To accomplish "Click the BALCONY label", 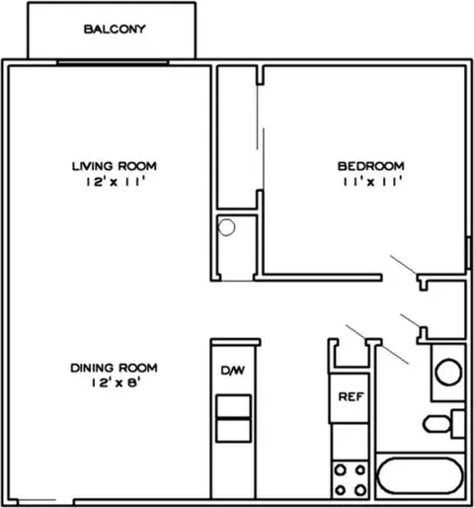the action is [x=115, y=29].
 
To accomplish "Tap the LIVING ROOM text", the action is [x=115, y=166].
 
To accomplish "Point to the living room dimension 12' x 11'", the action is [x=116, y=182].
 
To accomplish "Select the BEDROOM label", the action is [x=371, y=166].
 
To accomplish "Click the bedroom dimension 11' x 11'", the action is [x=373, y=182].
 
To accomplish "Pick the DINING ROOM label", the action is [x=114, y=368].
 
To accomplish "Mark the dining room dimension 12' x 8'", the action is [x=117, y=382].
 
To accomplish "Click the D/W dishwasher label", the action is [x=233, y=371].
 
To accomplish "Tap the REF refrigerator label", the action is [x=351, y=397].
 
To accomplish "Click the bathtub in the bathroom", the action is [x=421, y=475].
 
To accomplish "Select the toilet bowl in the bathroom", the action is [x=436, y=424].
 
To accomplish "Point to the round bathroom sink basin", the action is [x=448, y=373].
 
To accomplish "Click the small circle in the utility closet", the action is [x=226, y=227].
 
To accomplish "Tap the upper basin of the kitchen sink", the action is [x=233, y=406].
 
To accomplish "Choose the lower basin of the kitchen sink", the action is [x=233, y=430].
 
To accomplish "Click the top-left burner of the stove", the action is [x=340, y=469].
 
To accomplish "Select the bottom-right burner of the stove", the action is [x=360, y=490].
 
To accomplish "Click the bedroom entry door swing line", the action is [x=404, y=265].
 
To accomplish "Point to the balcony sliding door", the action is [x=113, y=62].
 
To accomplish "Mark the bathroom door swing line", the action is [x=377, y=345].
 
